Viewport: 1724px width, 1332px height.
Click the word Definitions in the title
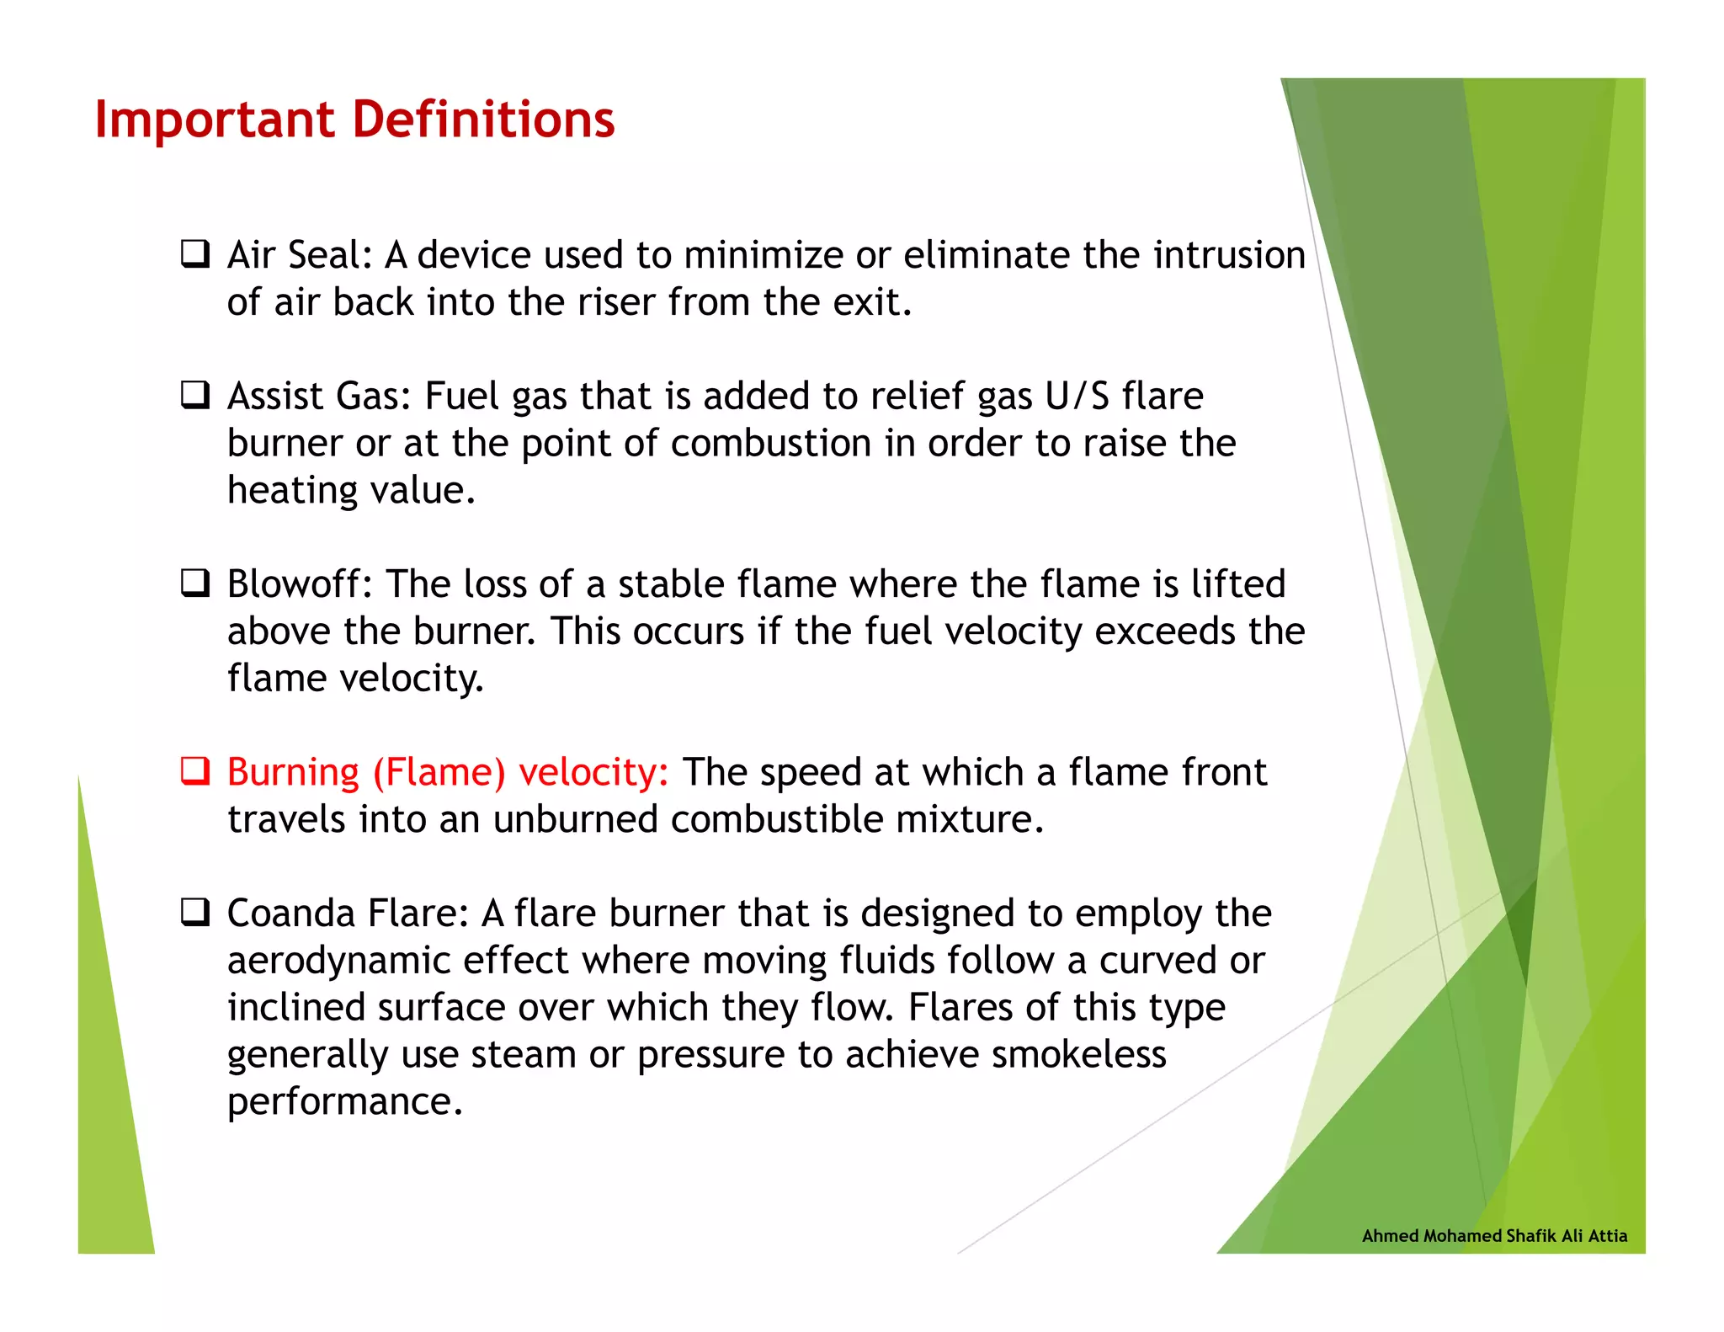click(x=483, y=120)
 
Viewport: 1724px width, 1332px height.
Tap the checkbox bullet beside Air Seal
click(x=195, y=253)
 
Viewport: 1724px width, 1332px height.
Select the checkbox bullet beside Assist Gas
click(x=195, y=394)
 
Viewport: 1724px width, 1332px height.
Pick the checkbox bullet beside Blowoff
click(x=195, y=583)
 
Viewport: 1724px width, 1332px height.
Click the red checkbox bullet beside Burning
click(x=195, y=770)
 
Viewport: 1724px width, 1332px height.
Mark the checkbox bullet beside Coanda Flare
click(x=195, y=912)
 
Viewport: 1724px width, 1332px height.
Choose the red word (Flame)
click(x=439, y=773)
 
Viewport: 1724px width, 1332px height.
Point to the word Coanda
click(x=290, y=914)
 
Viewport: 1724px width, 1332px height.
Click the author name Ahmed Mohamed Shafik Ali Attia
click(x=1494, y=1236)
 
